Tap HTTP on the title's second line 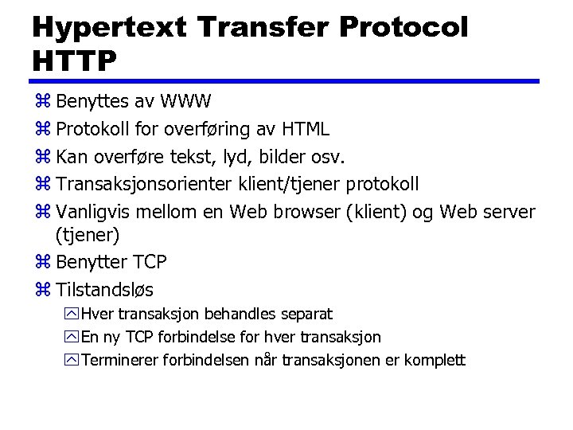tap(75, 60)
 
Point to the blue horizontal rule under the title tap(286, 81)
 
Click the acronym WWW tap(185, 102)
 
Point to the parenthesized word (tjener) tap(88, 235)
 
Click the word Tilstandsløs tap(104, 289)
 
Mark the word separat tap(305, 315)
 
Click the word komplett tap(435, 360)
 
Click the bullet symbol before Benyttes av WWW tap(42, 102)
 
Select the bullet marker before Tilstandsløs tap(42, 289)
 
